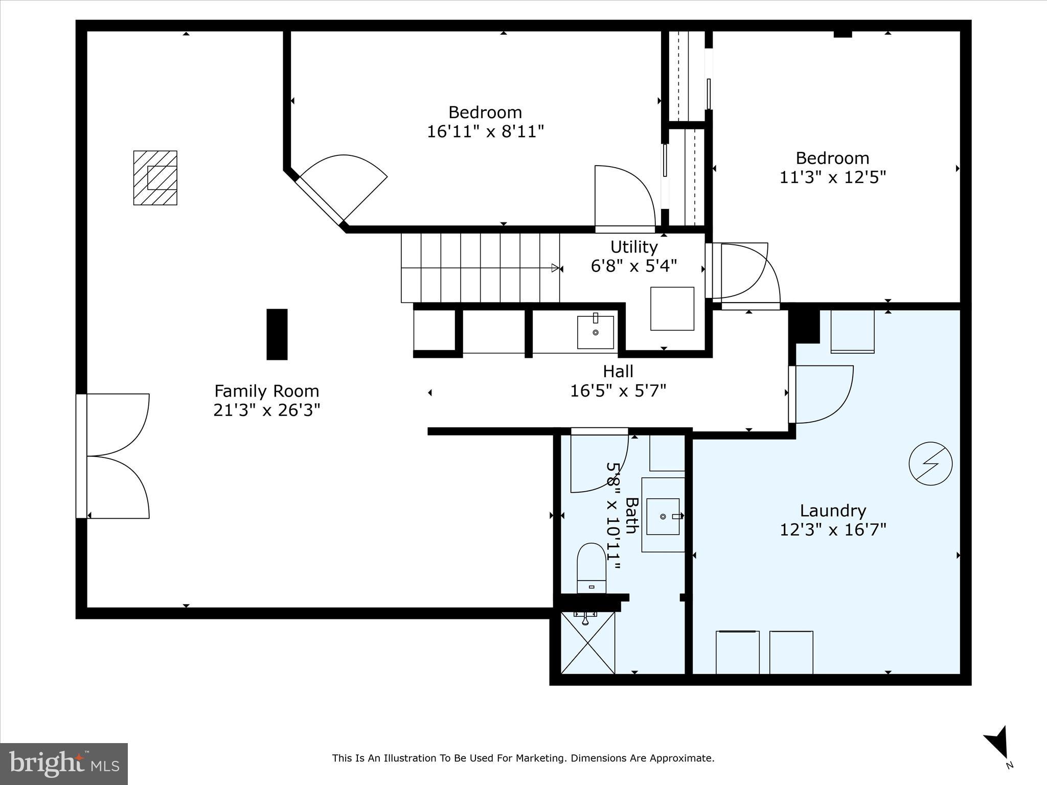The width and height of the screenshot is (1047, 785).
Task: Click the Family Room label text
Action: pos(266,391)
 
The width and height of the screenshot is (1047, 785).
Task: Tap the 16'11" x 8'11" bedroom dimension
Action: pos(485,132)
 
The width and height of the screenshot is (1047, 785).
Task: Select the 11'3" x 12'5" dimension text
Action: pos(832,177)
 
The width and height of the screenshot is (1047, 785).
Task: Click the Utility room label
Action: pos(634,247)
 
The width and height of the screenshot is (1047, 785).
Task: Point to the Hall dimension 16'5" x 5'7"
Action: pos(618,391)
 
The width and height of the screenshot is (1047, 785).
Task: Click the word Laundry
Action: pos(833,511)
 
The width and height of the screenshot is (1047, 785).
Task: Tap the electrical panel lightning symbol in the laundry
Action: pos(930,464)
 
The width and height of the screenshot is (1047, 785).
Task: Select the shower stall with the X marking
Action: pos(588,643)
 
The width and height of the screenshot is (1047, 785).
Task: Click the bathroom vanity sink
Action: pos(663,517)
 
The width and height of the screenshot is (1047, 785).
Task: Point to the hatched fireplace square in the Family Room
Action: pos(155,178)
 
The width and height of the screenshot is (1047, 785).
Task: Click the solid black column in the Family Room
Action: pos(277,334)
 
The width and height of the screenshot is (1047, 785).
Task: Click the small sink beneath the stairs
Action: pos(596,332)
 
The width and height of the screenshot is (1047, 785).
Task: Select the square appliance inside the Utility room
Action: pos(672,308)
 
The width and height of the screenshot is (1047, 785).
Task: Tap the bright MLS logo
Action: pos(64,764)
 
